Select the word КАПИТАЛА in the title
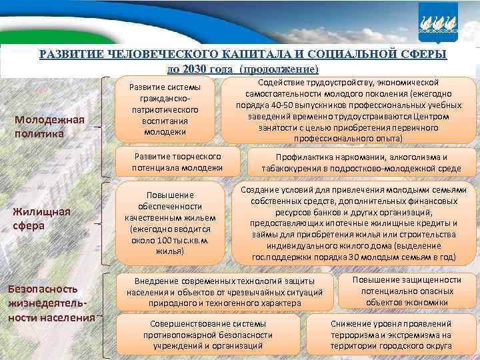[257, 54]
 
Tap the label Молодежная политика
[52, 126]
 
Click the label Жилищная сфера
[41, 219]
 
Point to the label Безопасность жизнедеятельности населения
[51, 303]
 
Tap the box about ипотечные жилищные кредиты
[354, 223]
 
